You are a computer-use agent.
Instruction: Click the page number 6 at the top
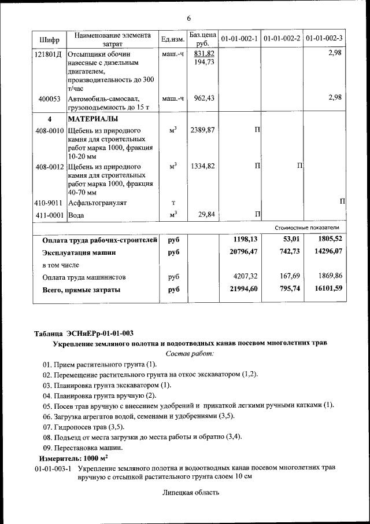tap(188, 18)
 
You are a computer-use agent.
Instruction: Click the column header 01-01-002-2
tap(282, 39)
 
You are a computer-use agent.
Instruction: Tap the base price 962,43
tap(204, 98)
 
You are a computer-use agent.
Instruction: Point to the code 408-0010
tap(50, 131)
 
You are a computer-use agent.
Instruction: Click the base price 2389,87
tap(202, 131)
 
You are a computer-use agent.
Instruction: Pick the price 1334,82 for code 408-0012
tap(202, 167)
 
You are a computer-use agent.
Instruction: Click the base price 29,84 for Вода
tap(206, 215)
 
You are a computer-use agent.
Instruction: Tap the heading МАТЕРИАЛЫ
tap(93, 119)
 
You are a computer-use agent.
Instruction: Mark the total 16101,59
tap(326, 289)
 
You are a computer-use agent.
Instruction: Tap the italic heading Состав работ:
tap(189, 353)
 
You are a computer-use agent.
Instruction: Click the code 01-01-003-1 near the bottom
tap(53, 467)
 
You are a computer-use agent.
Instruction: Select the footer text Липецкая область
tap(191, 493)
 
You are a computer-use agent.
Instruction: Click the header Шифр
tap(50, 39)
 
